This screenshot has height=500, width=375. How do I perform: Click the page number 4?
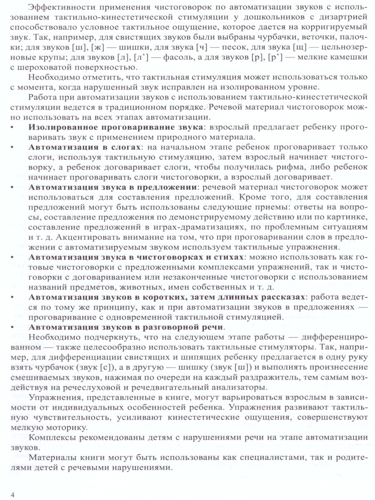[x=13, y=494]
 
